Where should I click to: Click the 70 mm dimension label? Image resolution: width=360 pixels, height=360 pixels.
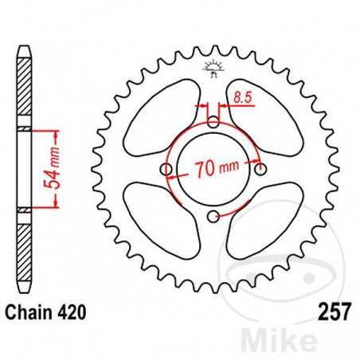point(213,169)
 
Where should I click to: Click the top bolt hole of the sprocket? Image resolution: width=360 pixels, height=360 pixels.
point(213,123)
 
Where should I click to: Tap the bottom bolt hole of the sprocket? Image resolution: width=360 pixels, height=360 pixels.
point(213,217)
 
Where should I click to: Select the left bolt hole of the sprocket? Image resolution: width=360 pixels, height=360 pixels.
point(166,170)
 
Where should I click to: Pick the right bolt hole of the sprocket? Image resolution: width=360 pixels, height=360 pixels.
point(260,169)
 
